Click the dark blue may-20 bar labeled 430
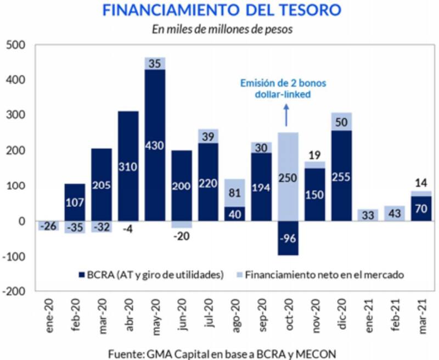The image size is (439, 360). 155,145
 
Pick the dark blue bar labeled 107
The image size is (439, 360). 75,202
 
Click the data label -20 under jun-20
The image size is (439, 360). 182,237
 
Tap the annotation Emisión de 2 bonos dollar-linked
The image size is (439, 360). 283,88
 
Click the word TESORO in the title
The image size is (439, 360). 308,10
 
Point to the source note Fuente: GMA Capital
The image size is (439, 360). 221,353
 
